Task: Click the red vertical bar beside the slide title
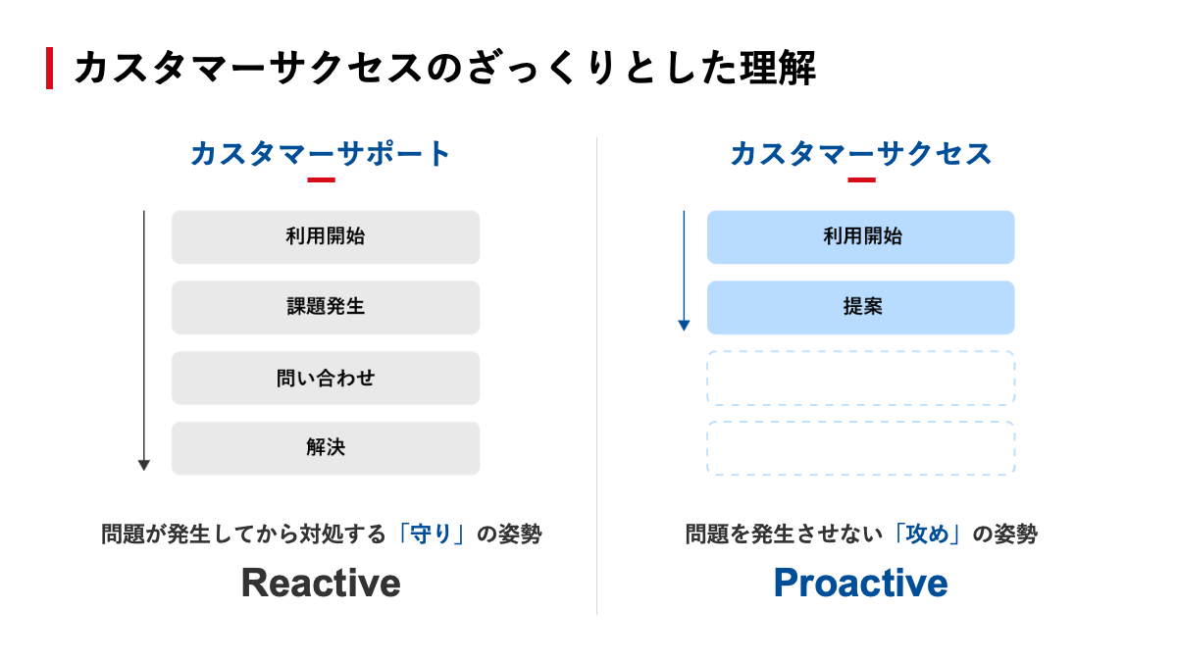coord(49,69)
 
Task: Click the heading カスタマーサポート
coord(321,154)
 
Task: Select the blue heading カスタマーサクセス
coord(861,154)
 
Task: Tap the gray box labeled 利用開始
coord(326,237)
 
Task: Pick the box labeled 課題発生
coord(326,307)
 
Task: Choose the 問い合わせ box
coord(326,378)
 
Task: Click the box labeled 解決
coord(326,448)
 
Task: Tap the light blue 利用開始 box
coord(861,237)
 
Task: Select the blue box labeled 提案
coord(861,307)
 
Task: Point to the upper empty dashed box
coord(861,351)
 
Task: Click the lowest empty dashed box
coord(861,422)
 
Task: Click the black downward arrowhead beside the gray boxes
coord(144,465)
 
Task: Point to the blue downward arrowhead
coord(684,326)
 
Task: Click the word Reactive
coord(321,584)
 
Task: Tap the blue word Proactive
coord(861,584)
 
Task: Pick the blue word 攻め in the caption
coord(928,534)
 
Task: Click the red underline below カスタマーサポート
coord(321,180)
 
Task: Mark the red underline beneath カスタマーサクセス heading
coord(862,180)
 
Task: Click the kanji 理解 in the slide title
coord(778,69)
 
